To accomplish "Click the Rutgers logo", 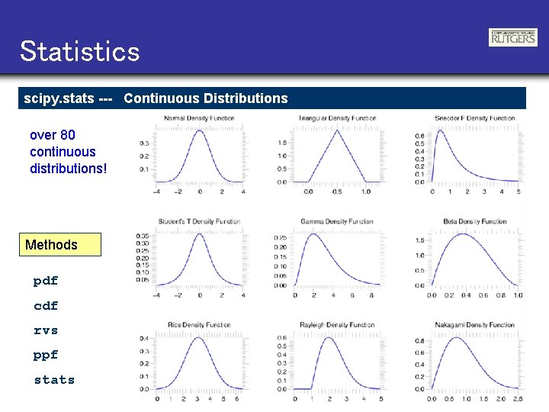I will [512, 37].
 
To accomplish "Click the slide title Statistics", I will [80, 52].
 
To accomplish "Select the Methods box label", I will [51, 245].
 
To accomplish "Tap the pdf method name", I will [46, 281].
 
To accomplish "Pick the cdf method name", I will [46, 306].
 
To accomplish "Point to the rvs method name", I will [46, 330].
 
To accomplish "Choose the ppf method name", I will [46, 355].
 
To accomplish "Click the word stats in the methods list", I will [54, 380].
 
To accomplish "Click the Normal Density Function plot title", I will [199, 118].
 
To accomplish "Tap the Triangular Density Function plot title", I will [337, 118].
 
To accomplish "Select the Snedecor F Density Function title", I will [475, 118].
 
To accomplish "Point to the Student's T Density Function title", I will [199, 221].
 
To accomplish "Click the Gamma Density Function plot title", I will [337, 221].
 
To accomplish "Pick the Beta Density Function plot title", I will [475, 221].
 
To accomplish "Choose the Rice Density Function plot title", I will [199, 325].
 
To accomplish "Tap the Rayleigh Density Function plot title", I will [337, 325].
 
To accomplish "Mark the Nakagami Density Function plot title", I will [475, 325].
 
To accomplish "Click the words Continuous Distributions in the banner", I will [206, 98].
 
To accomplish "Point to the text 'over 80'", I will [53, 135].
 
